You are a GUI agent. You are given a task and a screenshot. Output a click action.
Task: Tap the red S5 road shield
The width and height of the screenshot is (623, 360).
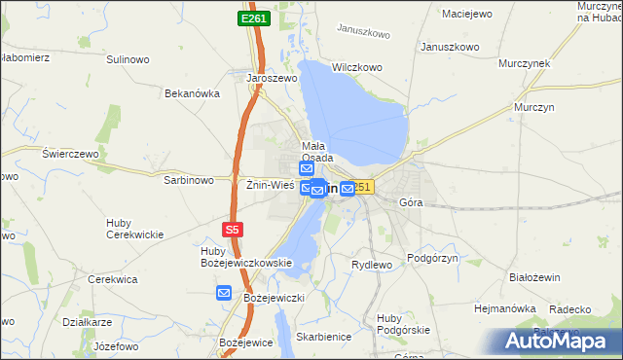tap(231, 230)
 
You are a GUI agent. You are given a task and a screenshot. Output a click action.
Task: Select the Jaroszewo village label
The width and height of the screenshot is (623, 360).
tap(272, 79)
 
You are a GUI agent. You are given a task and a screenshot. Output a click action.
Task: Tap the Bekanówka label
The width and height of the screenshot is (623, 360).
tap(193, 94)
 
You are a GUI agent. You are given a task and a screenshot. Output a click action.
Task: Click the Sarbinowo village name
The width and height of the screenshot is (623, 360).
tap(189, 180)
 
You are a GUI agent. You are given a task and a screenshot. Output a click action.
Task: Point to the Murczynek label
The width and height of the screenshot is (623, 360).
tap(525, 63)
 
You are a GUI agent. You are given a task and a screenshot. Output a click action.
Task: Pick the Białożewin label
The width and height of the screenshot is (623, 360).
tap(534, 277)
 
